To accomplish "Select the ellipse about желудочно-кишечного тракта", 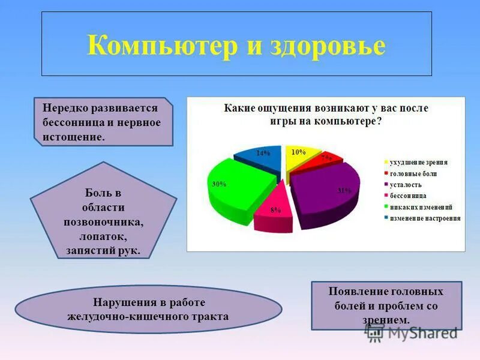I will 148,309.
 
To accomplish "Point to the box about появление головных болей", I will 386,305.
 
